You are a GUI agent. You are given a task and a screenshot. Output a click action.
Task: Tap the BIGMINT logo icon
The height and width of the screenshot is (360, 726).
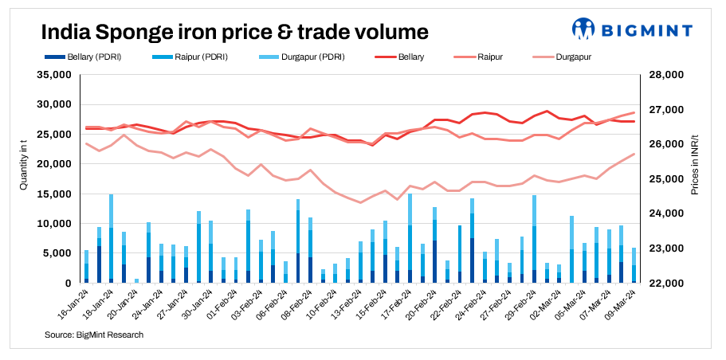point(583,29)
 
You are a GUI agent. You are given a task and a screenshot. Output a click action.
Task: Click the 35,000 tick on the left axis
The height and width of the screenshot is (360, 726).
point(56,75)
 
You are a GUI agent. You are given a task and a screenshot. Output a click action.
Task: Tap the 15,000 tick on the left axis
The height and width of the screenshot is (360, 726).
point(56,194)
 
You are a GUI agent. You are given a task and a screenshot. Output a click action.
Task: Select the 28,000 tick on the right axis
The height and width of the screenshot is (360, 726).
point(668,75)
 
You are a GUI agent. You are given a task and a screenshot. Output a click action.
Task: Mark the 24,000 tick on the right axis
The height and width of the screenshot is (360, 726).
point(668,213)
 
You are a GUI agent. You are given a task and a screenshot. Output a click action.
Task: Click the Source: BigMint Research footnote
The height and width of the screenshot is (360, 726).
point(93,335)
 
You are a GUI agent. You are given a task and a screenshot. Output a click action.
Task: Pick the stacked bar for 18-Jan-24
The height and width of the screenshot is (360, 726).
point(111,239)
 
